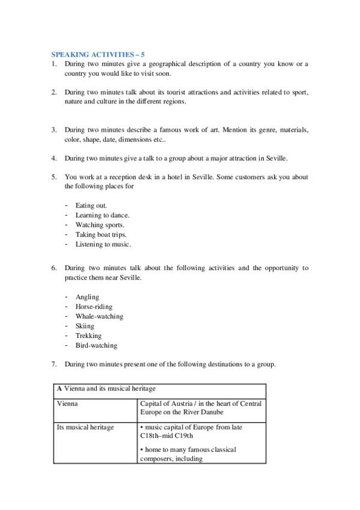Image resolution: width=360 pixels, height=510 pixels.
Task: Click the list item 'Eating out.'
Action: pyautogui.click(x=91, y=206)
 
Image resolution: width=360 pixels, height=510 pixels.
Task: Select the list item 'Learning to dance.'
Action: pyautogui.click(x=102, y=215)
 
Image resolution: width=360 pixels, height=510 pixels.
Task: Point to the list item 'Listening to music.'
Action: pyautogui.click(x=103, y=244)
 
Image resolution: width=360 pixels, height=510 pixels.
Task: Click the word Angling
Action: pyautogui.click(x=87, y=297)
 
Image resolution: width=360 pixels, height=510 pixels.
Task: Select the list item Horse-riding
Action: pyautogui.click(x=94, y=307)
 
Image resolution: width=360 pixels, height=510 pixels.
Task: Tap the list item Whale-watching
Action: pyautogui.click(x=99, y=316)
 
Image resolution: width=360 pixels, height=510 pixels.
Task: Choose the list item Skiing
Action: pyautogui.click(x=85, y=326)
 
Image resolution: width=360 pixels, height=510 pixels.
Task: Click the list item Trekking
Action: pyautogui.click(x=88, y=336)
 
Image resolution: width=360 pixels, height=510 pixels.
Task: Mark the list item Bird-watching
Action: pyautogui.click(x=96, y=345)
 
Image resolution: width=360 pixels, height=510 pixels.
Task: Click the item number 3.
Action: pyautogui.click(x=53, y=130)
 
